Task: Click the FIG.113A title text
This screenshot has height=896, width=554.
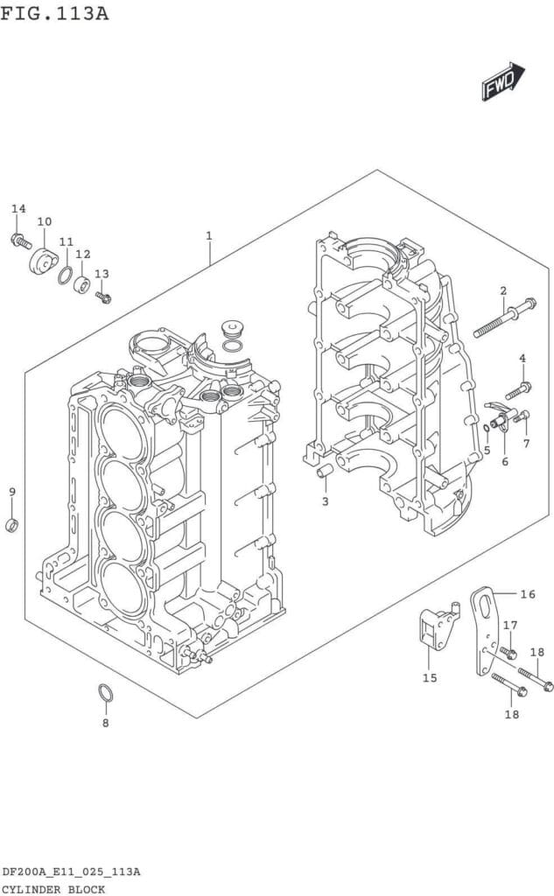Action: pyautogui.click(x=55, y=12)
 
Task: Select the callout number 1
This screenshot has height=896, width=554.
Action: pyautogui.click(x=209, y=235)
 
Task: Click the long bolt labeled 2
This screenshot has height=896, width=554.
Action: pyautogui.click(x=505, y=318)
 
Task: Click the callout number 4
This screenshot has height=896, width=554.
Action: pyautogui.click(x=522, y=358)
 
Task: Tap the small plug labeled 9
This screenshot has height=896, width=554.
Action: pyautogui.click(x=12, y=525)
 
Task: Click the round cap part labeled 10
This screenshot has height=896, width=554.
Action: pyautogui.click(x=42, y=262)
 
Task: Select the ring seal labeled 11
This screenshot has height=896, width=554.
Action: pyautogui.click(x=66, y=276)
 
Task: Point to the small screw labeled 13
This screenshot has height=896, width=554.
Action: pyautogui.click(x=103, y=297)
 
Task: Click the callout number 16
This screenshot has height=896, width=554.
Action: pyautogui.click(x=527, y=595)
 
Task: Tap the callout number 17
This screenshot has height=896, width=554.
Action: pyautogui.click(x=510, y=625)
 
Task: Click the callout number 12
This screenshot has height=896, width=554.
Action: pyautogui.click(x=83, y=255)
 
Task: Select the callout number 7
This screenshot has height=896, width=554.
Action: pyautogui.click(x=526, y=443)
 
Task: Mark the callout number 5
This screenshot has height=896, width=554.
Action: pyautogui.click(x=487, y=451)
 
